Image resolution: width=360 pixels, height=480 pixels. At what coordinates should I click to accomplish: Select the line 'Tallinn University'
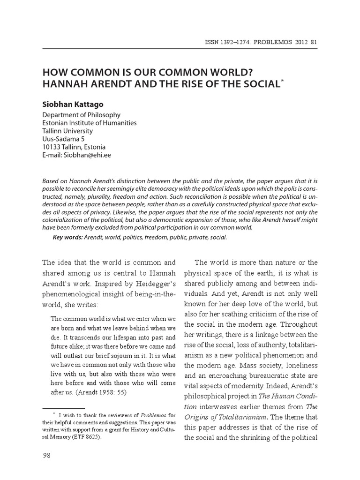(x=67, y=131)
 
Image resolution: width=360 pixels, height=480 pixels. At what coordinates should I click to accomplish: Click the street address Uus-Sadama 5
(x=63, y=139)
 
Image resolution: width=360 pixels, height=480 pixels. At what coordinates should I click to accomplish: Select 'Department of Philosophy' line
(x=81, y=115)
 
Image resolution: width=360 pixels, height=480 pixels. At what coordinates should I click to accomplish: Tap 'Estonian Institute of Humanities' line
(x=90, y=123)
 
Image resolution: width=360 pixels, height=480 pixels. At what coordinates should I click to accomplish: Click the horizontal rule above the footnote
(x=64, y=408)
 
